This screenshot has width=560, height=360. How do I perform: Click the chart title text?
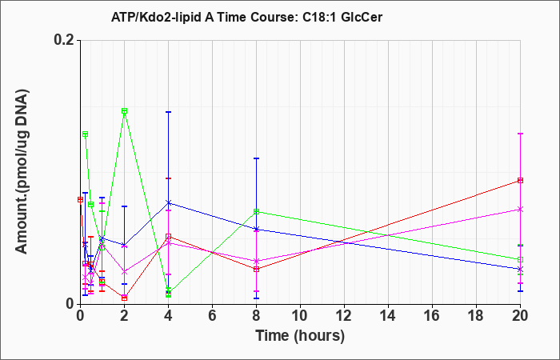click(x=246, y=17)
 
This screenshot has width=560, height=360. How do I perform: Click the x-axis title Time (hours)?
click(x=300, y=336)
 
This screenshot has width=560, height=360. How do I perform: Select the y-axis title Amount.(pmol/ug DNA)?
click(x=22, y=171)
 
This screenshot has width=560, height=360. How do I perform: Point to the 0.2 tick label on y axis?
click(x=64, y=40)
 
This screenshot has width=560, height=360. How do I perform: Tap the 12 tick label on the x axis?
click(x=344, y=316)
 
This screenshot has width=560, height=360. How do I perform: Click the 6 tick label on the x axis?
click(x=212, y=316)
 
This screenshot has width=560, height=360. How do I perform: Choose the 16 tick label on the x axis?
click(x=432, y=316)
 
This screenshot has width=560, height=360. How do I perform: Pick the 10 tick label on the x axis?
click(x=300, y=316)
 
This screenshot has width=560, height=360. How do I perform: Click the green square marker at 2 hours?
click(x=124, y=110)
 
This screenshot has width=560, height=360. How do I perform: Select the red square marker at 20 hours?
click(x=520, y=180)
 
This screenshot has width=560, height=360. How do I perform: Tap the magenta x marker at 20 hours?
click(x=520, y=210)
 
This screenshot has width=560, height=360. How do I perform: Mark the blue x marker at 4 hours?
click(x=169, y=203)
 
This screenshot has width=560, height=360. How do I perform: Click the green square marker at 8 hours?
click(x=257, y=211)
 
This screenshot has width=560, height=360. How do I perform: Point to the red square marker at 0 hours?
click(x=80, y=199)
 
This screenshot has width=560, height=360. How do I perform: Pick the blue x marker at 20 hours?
click(x=520, y=269)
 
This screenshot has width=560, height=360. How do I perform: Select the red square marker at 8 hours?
click(x=257, y=269)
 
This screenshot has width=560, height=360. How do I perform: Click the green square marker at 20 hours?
click(x=520, y=259)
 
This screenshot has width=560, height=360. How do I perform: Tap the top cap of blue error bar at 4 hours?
click(x=169, y=112)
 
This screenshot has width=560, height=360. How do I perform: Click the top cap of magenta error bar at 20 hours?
click(x=520, y=134)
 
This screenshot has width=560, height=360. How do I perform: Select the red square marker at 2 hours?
click(x=124, y=298)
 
